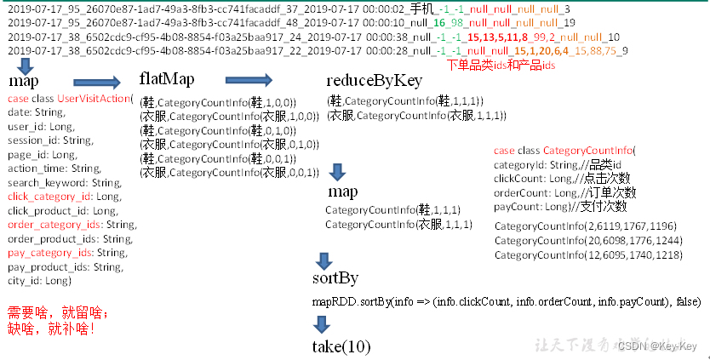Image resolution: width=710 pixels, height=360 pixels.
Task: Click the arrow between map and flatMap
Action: click(x=98, y=83)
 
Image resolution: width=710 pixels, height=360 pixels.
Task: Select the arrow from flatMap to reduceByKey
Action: click(x=248, y=81)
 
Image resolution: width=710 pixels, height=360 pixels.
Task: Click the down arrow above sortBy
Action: click(x=323, y=260)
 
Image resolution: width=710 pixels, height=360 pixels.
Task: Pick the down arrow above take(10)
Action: click(x=322, y=323)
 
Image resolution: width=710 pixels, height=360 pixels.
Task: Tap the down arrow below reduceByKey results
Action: click(x=338, y=171)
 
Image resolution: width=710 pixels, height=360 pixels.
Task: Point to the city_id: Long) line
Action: click(x=39, y=280)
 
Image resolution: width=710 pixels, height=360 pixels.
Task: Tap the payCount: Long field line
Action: click(x=559, y=206)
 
